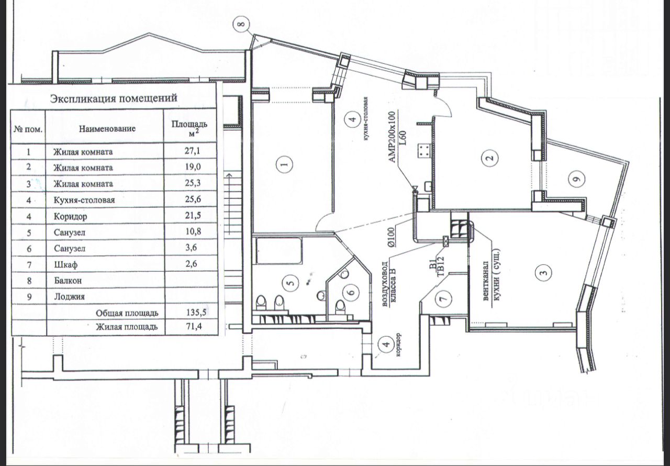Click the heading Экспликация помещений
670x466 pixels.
113,98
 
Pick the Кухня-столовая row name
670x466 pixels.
84,200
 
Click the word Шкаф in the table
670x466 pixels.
65,264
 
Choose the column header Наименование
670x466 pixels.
108,128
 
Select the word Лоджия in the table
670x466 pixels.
69,296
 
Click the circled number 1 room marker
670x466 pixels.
284,165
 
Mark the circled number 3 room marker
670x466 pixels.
543,272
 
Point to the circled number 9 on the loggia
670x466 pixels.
576,180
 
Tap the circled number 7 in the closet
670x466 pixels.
443,299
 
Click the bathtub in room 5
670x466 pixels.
278,251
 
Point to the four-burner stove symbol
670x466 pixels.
424,152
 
